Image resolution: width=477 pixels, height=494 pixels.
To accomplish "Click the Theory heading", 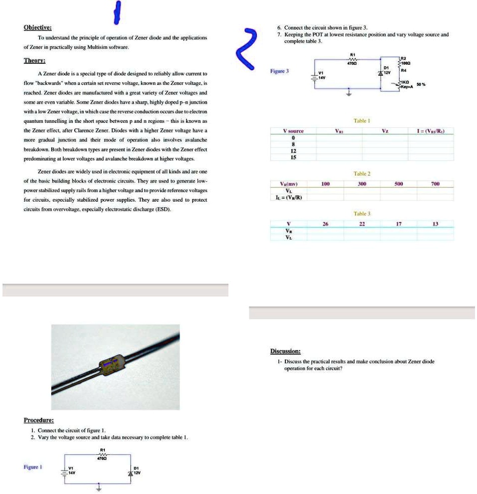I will (x=35, y=60).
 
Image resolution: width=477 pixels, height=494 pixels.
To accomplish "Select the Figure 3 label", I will (x=280, y=71).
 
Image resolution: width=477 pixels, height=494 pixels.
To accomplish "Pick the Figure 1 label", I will (x=32, y=466).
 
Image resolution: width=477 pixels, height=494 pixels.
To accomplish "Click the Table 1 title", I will (x=362, y=121).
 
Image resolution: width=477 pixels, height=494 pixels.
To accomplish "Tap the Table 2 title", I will (x=362, y=174).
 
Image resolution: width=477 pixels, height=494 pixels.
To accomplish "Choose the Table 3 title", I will (x=362, y=214).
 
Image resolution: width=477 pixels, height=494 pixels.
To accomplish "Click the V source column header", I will (x=293, y=131).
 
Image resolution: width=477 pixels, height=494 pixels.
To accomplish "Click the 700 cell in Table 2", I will (x=435, y=184).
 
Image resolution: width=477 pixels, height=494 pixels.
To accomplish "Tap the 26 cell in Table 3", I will (x=325, y=224).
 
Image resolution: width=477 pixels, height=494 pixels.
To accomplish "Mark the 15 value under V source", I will (x=293, y=157).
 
